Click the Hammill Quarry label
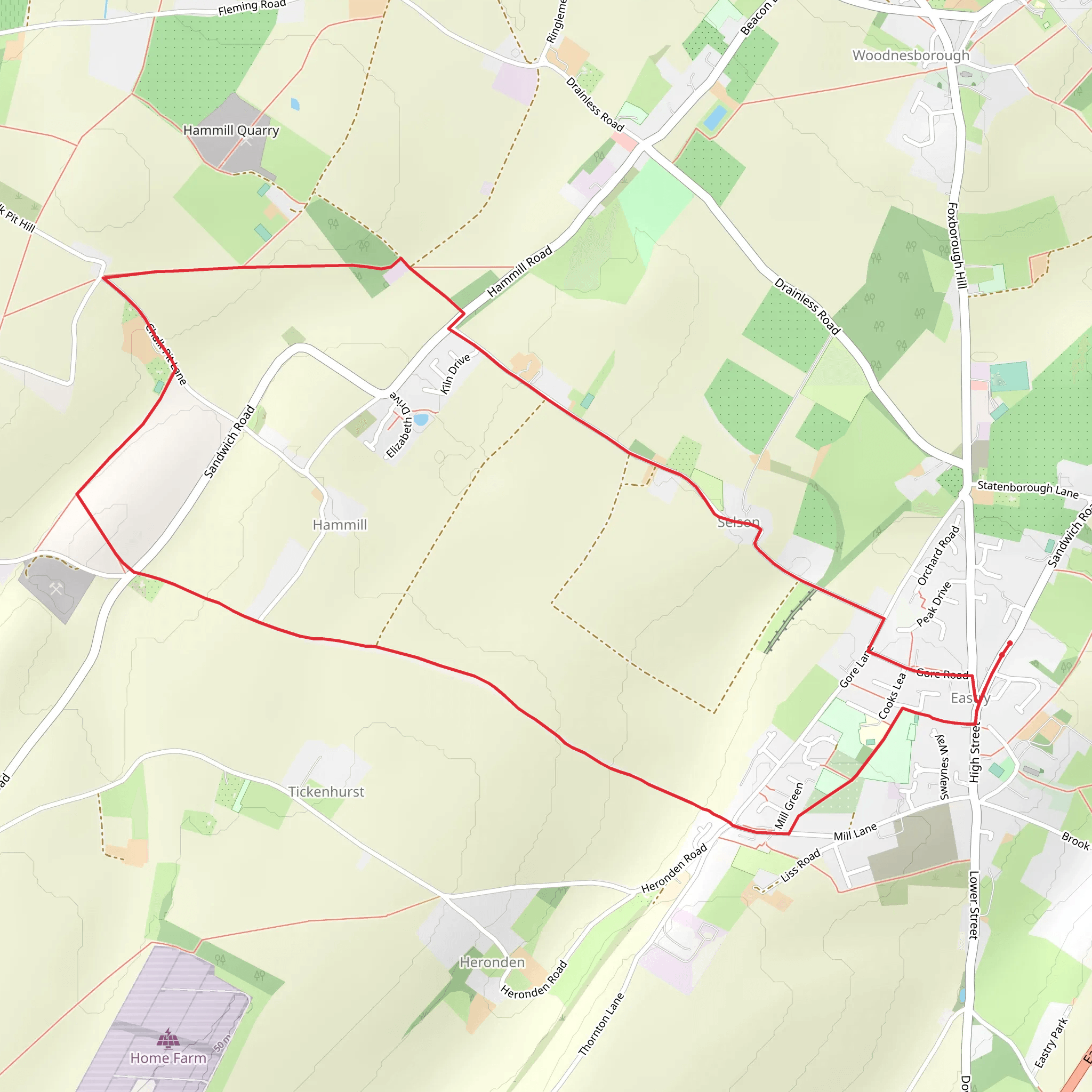coord(231,131)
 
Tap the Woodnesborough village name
coord(911,55)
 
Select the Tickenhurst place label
coord(326,792)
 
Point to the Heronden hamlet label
coord(492,962)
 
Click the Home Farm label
coord(168,1058)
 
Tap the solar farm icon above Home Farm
coord(168,1038)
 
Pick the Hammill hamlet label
coord(340,525)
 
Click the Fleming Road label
coord(252,7)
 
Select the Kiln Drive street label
coord(455,374)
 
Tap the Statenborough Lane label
coord(1027,489)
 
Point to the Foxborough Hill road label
coord(954,245)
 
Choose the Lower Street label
coord(974,905)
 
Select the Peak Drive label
coord(934,604)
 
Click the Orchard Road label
coord(938,556)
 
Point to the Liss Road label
coord(800,865)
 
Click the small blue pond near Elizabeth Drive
coord(421,420)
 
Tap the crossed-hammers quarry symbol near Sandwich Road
coord(55,590)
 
